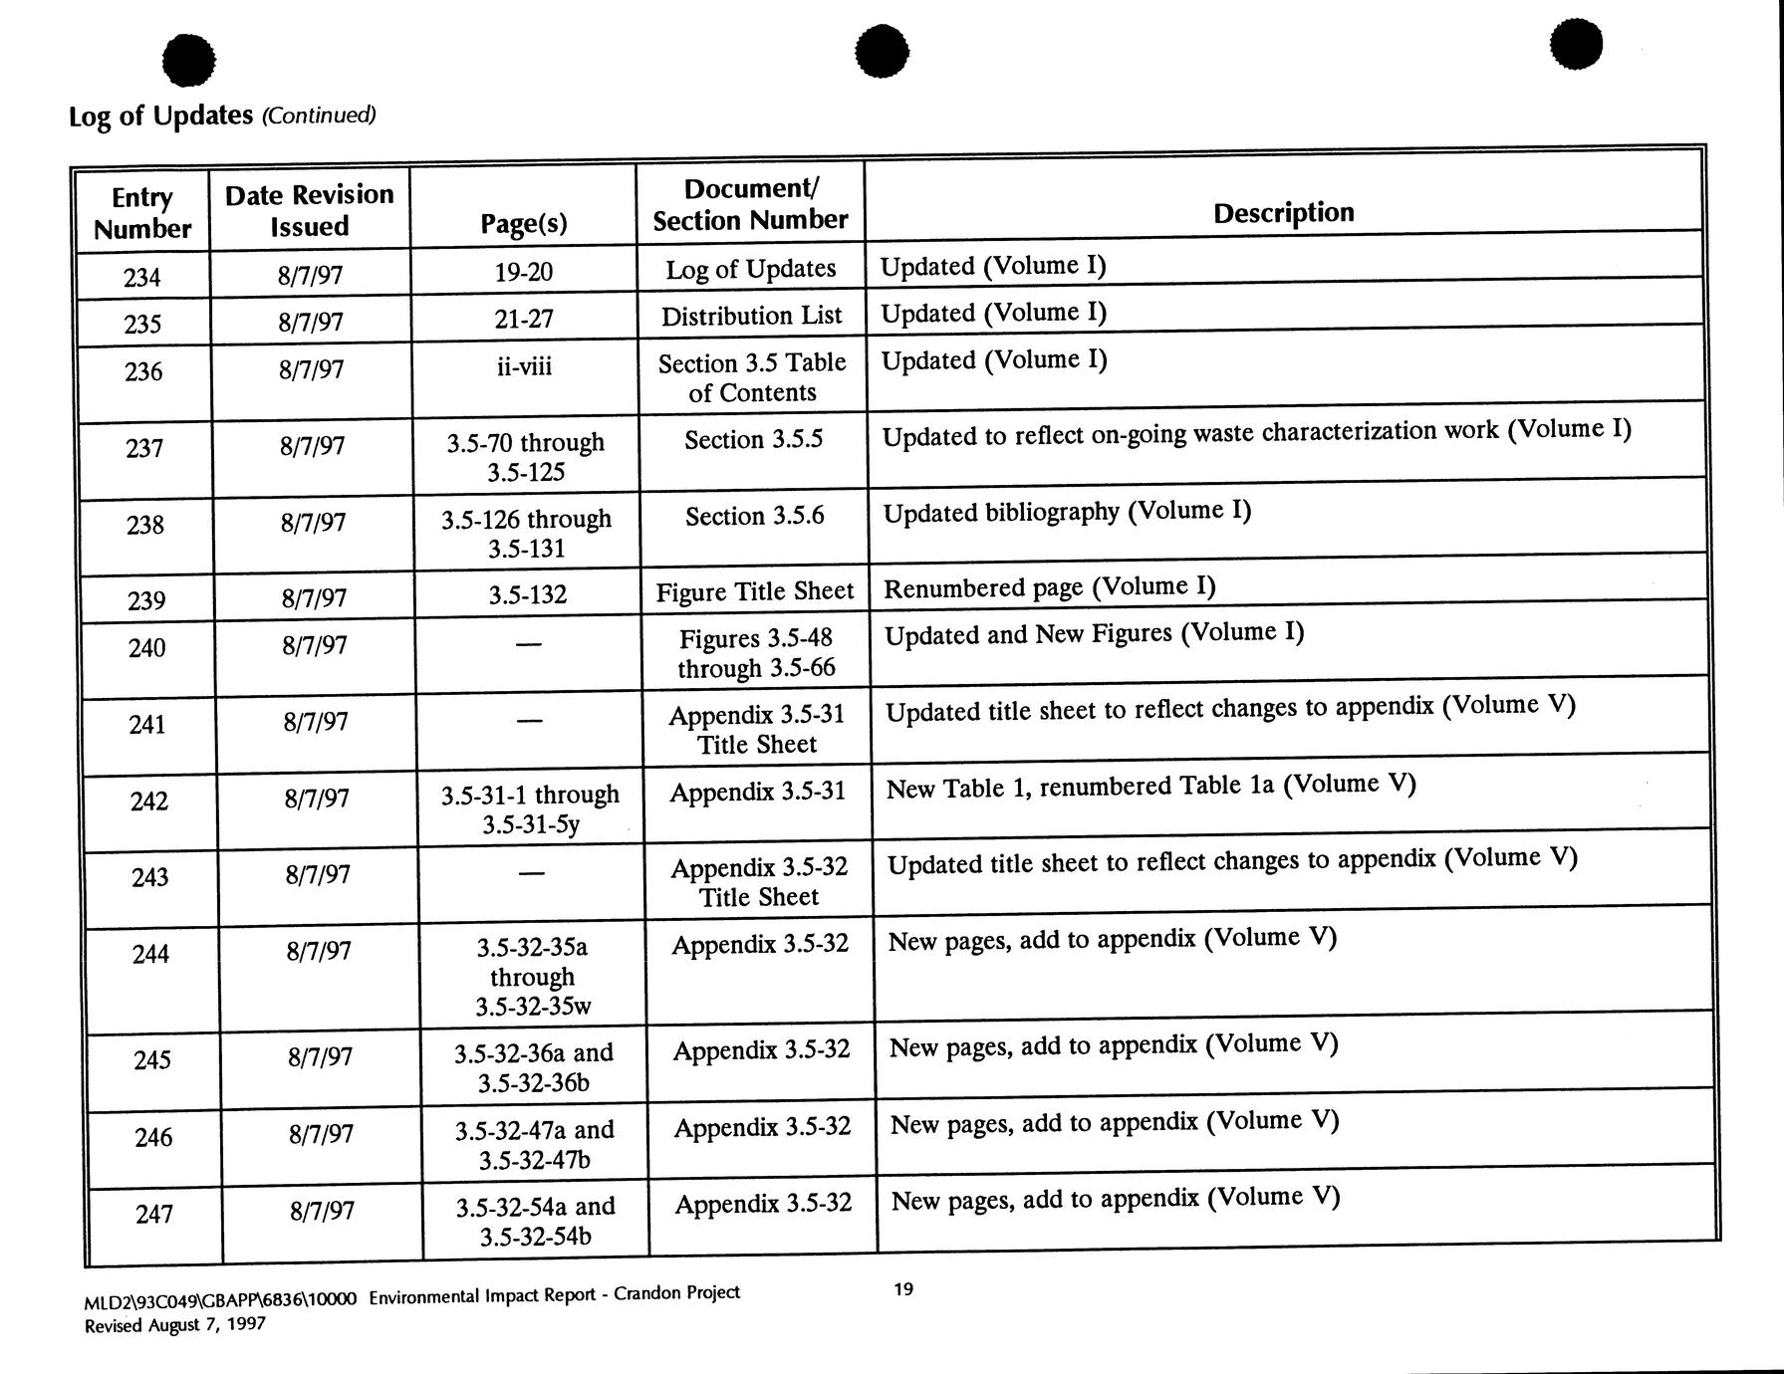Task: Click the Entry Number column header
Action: point(142,213)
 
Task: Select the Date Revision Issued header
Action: point(309,210)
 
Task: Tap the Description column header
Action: point(1283,212)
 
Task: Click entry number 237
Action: point(144,449)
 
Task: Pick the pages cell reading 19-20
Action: point(523,272)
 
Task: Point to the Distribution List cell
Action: point(751,317)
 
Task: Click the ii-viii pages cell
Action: point(524,367)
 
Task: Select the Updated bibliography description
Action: point(1067,512)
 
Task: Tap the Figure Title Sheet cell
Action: point(754,592)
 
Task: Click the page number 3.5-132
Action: point(527,595)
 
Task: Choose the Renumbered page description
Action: point(1050,587)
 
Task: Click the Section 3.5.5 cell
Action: point(753,439)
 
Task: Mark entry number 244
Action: point(151,954)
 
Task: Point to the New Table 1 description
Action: point(1150,787)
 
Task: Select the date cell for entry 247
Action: point(322,1211)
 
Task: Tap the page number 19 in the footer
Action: point(902,1289)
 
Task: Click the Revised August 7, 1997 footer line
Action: point(175,1325)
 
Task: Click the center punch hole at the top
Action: point(882,50)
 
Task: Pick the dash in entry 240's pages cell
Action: point(528,645)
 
